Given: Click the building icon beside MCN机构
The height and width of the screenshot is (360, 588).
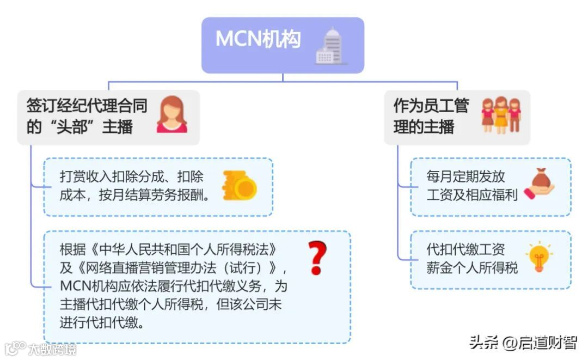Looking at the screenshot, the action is [331, 46].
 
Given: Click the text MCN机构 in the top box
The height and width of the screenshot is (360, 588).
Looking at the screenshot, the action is [258, 39].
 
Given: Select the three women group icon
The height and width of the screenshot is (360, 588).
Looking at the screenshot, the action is [501, 115].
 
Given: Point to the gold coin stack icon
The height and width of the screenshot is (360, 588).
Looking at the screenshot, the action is [240, 185].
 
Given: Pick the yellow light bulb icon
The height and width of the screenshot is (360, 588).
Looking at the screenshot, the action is [539, 257].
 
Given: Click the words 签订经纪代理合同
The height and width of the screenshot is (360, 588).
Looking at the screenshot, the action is [87, 105].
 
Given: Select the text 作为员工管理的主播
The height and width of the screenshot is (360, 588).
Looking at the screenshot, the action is [430, 116].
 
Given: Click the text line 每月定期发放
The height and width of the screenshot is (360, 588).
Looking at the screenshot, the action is [465, 176].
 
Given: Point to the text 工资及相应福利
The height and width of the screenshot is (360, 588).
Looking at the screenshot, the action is [472, 195].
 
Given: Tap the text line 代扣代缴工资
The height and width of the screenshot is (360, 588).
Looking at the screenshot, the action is [465, 249].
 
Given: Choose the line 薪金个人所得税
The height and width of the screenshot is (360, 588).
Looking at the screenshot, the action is [472, 268].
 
